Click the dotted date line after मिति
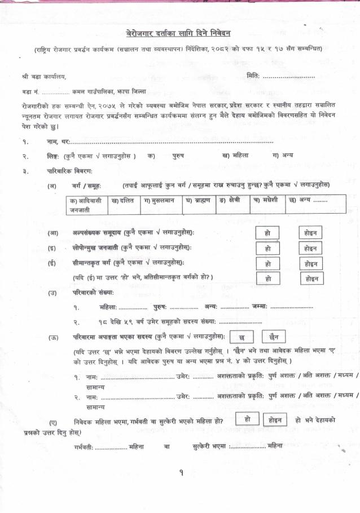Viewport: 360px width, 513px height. click(x=289, y=76)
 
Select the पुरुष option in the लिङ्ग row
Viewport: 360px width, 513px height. click(x=178, y=156)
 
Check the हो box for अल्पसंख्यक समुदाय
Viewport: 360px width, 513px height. click(x=267, y=233)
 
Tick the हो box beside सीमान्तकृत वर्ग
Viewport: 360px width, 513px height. click(x=267, y=263)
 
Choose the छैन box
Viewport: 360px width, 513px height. click(x=274, y=337)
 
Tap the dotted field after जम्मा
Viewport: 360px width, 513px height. click(x=292, y=307)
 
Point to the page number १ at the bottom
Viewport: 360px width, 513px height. click(x=181, y=473)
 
